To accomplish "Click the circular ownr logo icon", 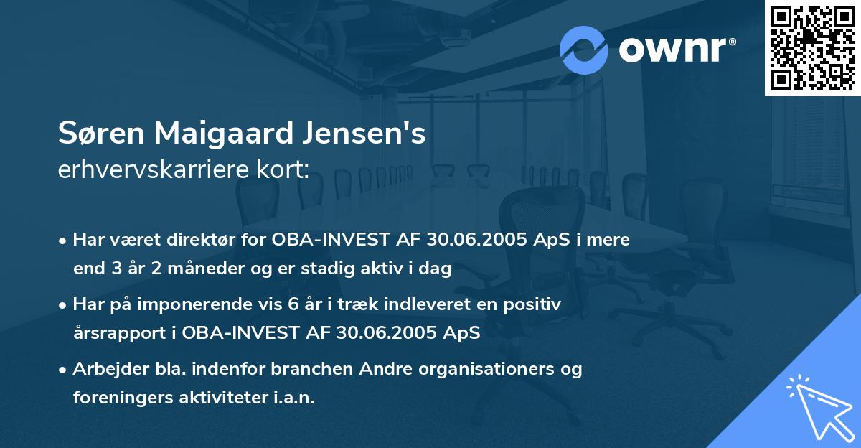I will pyautogui.click(x=584, y=50).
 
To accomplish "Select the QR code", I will pyautogui.click(x=813, y=47).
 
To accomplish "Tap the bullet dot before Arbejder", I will pyautogui.click(x=64, y=370).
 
